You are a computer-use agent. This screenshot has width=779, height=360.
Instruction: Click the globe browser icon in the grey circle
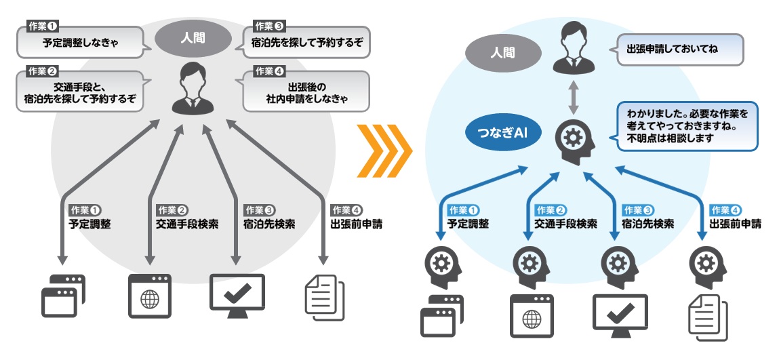[x=150, y=296]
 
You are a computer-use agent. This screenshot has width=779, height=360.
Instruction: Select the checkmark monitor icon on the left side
[x=237, y=295]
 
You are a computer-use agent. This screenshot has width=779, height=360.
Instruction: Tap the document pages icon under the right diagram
[x=707, y=316]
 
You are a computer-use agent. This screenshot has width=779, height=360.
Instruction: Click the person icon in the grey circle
[x=191, y=88]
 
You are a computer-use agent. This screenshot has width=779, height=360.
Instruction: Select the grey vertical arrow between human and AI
[x=574, y=98]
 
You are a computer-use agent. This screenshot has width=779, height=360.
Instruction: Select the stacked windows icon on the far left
[x=63, y=297]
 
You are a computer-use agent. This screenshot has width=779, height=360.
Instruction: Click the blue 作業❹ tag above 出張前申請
[x=725, y=210]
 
